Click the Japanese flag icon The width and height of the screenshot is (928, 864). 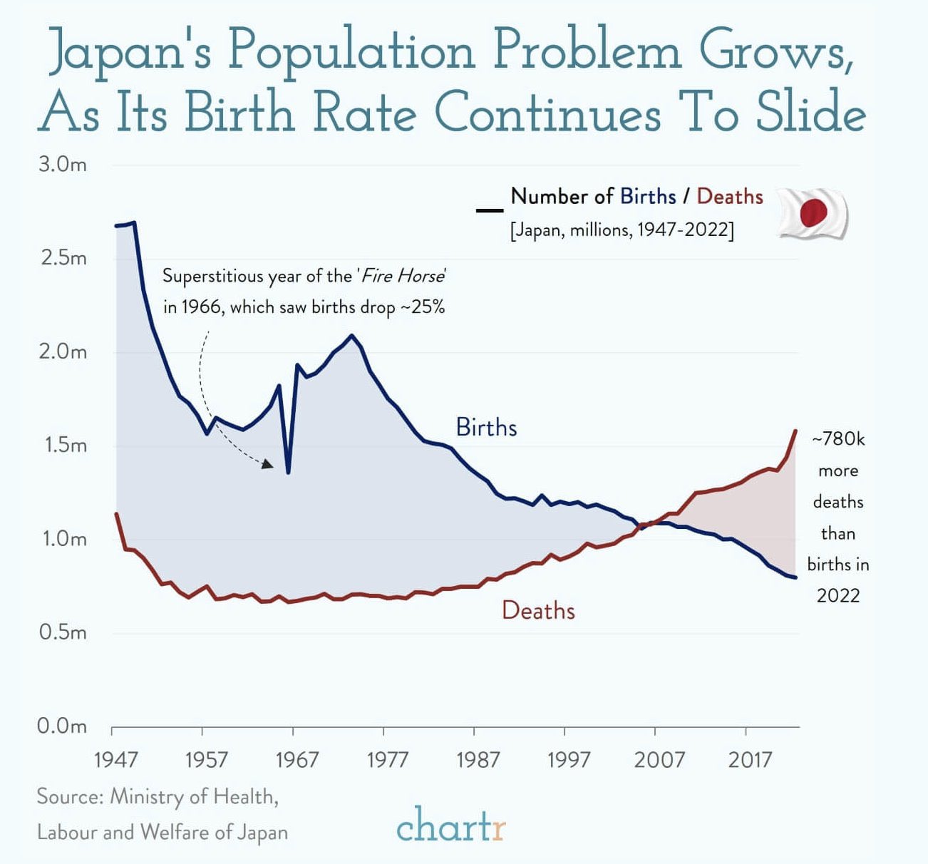812,213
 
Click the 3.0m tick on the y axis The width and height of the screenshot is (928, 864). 62,165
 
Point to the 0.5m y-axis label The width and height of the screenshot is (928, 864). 62,632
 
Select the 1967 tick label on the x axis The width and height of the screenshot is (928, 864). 297,760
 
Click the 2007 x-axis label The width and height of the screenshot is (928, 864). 659,760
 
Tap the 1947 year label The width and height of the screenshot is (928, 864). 115,760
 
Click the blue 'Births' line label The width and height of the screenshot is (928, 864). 486,428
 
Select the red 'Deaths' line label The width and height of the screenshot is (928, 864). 538,611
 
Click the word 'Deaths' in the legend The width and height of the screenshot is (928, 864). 729,197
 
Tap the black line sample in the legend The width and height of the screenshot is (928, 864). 490,210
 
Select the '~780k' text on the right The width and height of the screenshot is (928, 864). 838,439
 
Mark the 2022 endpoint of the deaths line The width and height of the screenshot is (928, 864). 795,431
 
